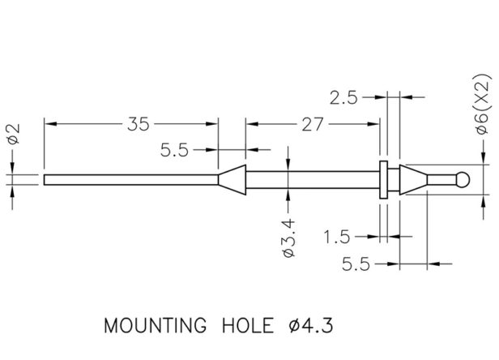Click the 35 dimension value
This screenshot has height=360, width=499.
click(x=138, y=124)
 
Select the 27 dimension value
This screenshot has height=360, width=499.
click(x=313, y=124)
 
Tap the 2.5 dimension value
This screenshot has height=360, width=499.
click(x=343, y=97)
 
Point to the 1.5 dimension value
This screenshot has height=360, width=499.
click(x=337, y=237)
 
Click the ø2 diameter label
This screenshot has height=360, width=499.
click(x=14, y=134)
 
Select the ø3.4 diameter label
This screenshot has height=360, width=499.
click(x=289, y=238)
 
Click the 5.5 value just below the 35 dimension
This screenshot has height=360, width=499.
click(x=175, y=150)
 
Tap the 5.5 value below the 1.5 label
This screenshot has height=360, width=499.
click(x=356, y=264)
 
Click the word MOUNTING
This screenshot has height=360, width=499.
click(x=156, y=326)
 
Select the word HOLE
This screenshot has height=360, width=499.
click(x=248, y=326)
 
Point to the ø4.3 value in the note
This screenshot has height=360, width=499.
click(x=311, y=326)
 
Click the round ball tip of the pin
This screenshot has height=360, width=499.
click(x=463, y=180)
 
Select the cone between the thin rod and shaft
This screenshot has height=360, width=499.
click(x=232, y=180)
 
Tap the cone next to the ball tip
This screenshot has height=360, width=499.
click(x=413, y=180)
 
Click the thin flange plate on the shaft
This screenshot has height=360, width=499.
click(x=383, y=180)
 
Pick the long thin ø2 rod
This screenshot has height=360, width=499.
click(x=130, y=180)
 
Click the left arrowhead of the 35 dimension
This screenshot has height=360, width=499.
click(x=50, y=123)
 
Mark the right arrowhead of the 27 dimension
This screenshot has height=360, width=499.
click(x=373, y=123)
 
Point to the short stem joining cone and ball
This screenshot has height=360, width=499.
click(x=441, y=180)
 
